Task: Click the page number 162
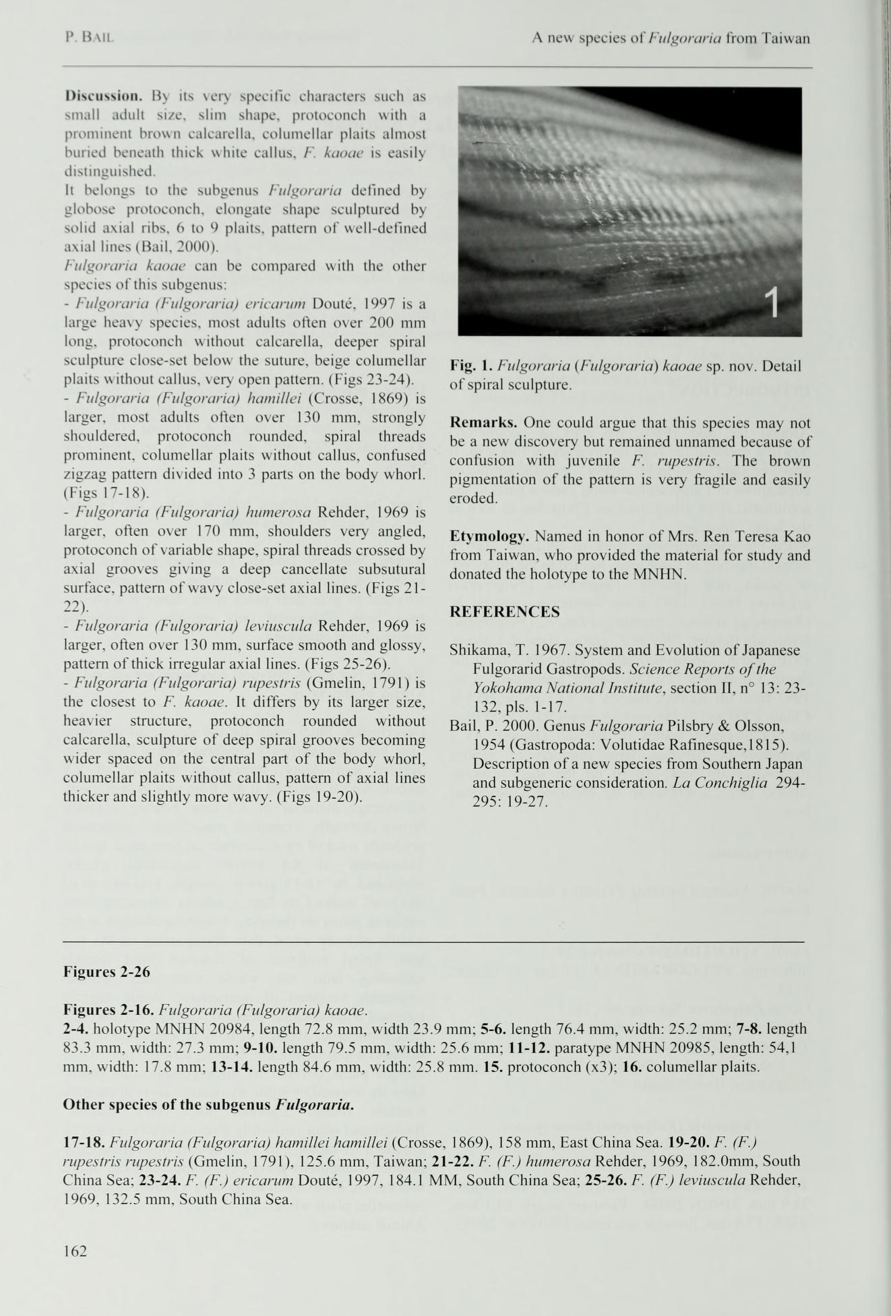(x=75, y=1251)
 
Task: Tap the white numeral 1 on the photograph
(x=774, y=301)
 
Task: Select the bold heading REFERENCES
(x=504, y=612)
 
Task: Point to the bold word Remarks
(x=483, y=423)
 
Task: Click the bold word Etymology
(x=489, y=537)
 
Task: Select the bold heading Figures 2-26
(x=106, y=972)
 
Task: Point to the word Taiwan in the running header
(x=786, y=38)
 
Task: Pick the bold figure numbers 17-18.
(x=84, y=1142)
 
